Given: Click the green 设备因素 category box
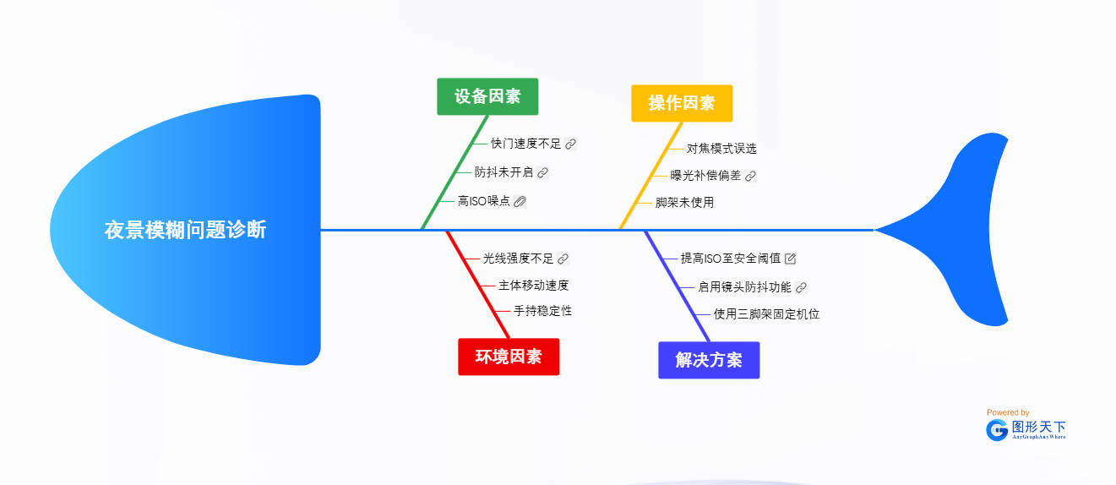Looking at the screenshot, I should point(487,96).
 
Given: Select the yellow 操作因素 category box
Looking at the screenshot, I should point(682,103).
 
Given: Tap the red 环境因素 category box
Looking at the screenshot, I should point(509,357).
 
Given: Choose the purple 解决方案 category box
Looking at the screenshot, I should point(709,360).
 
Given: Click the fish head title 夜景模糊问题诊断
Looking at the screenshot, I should point(185,230).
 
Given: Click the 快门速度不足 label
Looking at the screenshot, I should point(525,144).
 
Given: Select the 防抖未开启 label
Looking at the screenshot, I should point(504,172).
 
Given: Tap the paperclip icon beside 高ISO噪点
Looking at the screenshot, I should point(520,201).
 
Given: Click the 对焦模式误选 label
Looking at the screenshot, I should point(721,149).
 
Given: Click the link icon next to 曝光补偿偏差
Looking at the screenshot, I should point(750,176).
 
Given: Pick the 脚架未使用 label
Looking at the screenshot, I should point(684,203).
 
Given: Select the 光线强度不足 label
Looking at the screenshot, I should point(518,259).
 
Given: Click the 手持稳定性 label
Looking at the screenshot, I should point(542,311).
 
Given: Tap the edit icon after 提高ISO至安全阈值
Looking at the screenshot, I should point(791,259).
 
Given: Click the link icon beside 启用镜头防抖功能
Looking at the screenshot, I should point(802,287).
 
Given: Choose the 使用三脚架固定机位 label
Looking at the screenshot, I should point(766,314).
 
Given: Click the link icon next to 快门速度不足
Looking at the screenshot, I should point(571,144).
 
